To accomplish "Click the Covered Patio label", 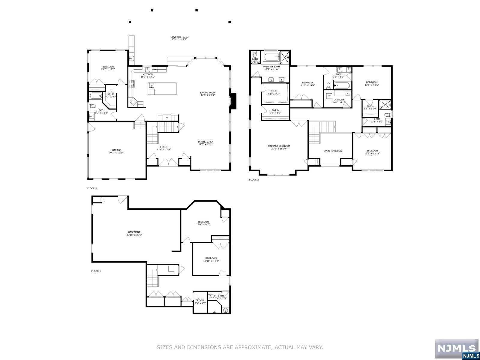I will click(179, 38).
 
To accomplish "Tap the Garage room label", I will click(116, 151).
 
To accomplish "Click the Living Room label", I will click(208, 94).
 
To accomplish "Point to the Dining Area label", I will click(205, 143).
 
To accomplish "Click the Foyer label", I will click(163, 148).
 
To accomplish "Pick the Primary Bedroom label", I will click(279, 147).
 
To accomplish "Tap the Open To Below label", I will click(333, 151).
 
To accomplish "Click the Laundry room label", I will click(339, 101).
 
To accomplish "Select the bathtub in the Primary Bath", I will click(271, 56).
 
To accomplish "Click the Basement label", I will click(134, 233).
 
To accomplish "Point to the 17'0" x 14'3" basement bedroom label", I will click(203, 223).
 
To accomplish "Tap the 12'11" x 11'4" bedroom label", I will click(211, 259).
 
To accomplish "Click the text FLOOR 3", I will click(253, 180).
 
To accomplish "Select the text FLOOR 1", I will click(96, 271).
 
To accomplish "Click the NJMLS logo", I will click(457, 349).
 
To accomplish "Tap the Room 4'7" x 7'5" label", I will click(200, 301).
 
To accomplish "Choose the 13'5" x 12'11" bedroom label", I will click(372, 152).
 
